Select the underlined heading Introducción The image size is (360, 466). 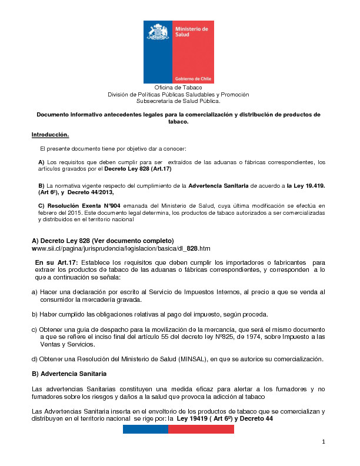(x=50, y=135)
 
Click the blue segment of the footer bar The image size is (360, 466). (x=145, y=430)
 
